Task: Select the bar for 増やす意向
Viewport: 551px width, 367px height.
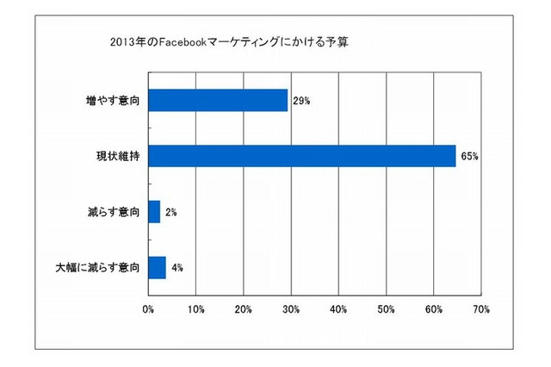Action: click(x=218, y=100)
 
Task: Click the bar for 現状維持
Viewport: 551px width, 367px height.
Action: click(x=302, y=156)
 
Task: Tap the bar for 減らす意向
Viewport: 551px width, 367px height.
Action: click(x=154, y=212)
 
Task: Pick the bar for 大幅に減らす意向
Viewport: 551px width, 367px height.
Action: click(x=157, y=268)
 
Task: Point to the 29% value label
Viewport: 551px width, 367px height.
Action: click(x=300, y=101)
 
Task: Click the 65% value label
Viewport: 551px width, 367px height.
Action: click(x=469, y=157)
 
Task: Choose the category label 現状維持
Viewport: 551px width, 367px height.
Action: click(x=118, y=157)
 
